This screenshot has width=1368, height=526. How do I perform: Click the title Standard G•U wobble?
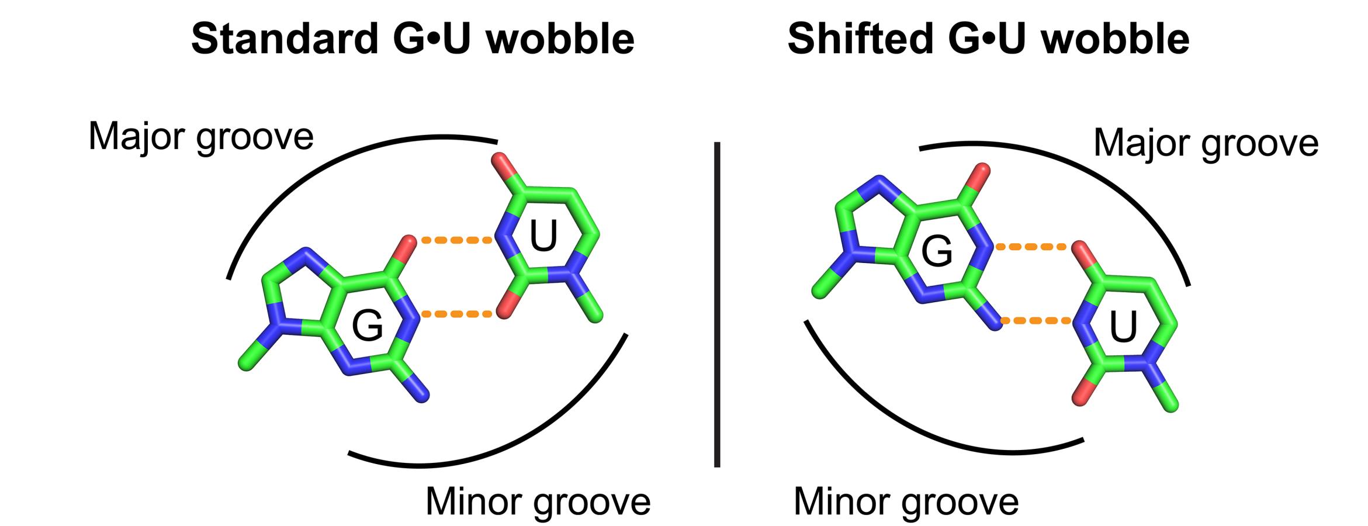413,40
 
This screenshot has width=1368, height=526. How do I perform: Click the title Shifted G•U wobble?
988,40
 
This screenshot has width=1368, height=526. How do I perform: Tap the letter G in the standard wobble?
367,326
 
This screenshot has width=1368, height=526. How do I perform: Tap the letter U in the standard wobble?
543,237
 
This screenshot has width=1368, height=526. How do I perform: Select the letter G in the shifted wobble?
937,252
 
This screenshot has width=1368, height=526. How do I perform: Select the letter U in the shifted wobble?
1123,328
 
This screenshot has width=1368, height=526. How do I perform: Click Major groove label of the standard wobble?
200,137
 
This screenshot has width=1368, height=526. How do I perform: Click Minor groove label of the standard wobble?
538,501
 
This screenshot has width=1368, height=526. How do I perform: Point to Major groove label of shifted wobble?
1206,143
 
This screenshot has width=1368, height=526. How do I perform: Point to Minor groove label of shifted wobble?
906,501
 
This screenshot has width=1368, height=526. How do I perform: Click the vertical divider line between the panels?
717,304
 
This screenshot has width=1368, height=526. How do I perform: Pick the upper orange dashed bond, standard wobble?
456,240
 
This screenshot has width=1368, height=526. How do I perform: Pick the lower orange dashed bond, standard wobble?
456,314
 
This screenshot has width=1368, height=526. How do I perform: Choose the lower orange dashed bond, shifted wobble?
1035,321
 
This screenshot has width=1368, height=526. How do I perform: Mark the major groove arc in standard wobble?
327,158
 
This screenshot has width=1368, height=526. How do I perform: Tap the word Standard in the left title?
284,40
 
